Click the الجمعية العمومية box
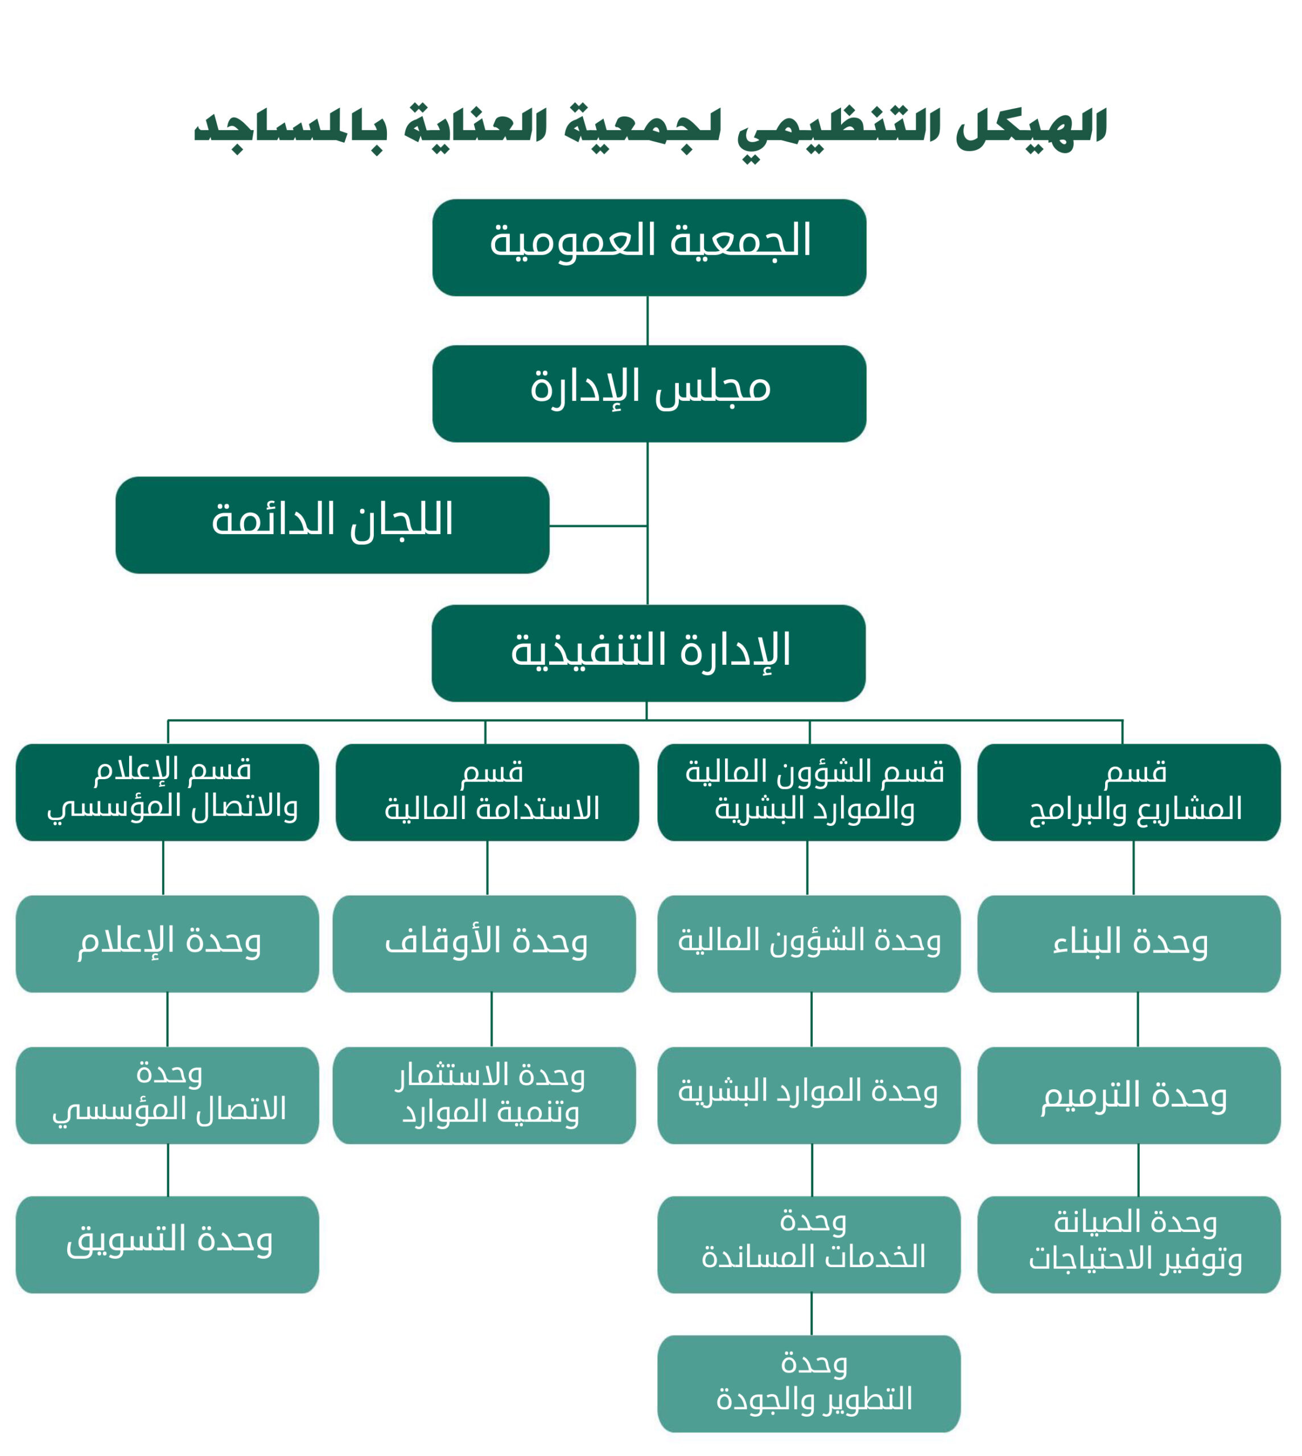pos(649,247)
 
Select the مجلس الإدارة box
pos(649,394)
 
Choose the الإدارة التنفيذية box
pos(648,653)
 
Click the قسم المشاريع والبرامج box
pos(1129,792)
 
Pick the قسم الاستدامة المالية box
pos(487,792)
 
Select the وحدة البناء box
pos(1129,944)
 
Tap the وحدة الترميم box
pos(1129,1095)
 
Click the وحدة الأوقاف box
pos(484,944)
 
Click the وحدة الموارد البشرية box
pos(809,1095)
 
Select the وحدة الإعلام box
pos(167,944)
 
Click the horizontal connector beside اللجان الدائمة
pos(598,526)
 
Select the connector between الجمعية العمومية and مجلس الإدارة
pos(648,320)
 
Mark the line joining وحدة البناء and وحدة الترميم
pos(1138,1020)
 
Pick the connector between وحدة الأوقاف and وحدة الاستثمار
pos(492,1020)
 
